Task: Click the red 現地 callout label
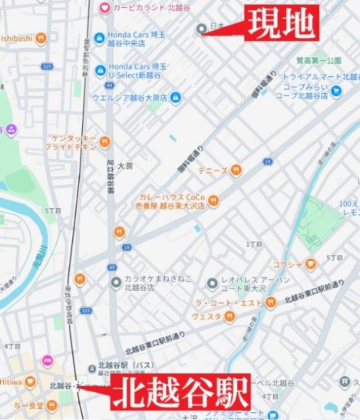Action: click(282, 24)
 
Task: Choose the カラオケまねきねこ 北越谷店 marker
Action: click(116, 282)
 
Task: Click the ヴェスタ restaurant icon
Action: click(229, 317)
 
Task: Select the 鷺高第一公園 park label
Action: click(319, 60)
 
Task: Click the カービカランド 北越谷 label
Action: click(146, 7)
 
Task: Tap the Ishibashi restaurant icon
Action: click(41, 38)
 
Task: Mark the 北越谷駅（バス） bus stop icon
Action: click(93, 367)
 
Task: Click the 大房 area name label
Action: click(125, 167)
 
